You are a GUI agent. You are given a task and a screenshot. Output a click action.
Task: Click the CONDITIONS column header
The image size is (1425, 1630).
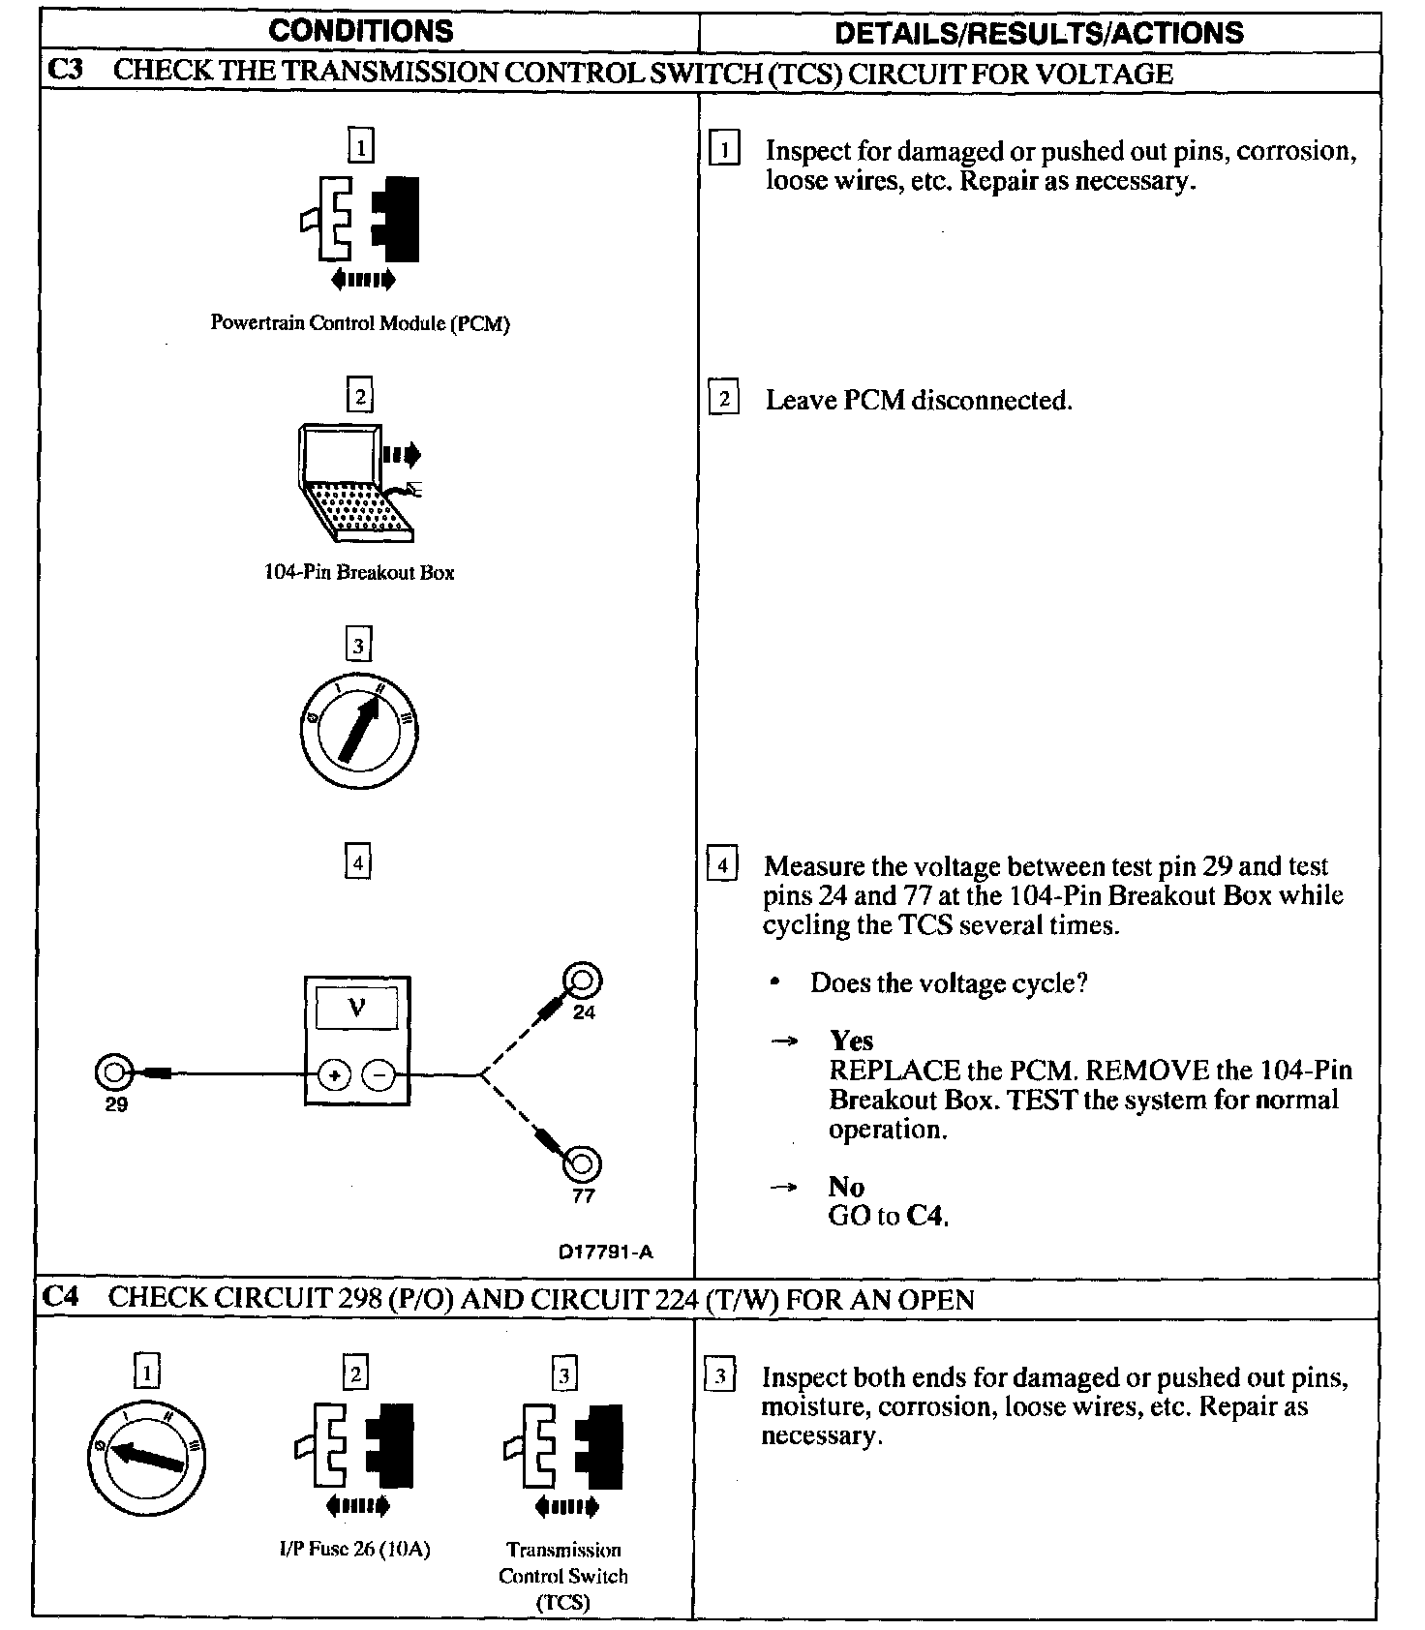coord(360,31)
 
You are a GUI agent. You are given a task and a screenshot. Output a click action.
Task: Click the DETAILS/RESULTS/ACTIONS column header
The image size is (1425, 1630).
coord(1039,33)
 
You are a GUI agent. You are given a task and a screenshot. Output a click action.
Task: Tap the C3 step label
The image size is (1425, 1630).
coord(64,72)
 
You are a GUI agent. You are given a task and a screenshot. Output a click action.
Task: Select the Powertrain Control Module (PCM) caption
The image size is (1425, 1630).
coord(360,323)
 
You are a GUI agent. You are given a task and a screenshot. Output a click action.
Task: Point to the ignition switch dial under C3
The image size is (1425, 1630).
coord(359,731)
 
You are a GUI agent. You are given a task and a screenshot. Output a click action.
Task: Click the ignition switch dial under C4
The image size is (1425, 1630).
coord(145,1459)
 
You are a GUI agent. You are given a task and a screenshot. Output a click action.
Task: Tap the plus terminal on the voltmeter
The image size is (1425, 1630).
coord(334,1074)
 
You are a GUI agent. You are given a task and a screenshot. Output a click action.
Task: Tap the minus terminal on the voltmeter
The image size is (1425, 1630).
coord(379,1074)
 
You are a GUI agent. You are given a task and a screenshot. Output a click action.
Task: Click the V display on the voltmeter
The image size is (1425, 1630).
coord(356,1009)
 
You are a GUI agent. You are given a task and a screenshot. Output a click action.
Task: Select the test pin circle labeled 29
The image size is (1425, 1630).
coord(113,1072)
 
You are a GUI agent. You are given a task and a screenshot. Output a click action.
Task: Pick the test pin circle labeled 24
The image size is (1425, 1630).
coord(584,981)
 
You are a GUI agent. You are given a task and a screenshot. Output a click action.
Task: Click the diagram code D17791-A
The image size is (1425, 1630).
coord(606,1252)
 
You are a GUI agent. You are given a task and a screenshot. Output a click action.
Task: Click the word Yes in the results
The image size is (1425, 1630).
coord(852,1041)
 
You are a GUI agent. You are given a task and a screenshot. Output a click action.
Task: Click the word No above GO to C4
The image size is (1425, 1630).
coord(846,1187)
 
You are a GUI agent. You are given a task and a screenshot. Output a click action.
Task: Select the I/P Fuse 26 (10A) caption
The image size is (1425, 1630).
coord(354,1550)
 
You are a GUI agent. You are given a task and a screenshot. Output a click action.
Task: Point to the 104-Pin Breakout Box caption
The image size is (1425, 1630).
coord(359,572)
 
